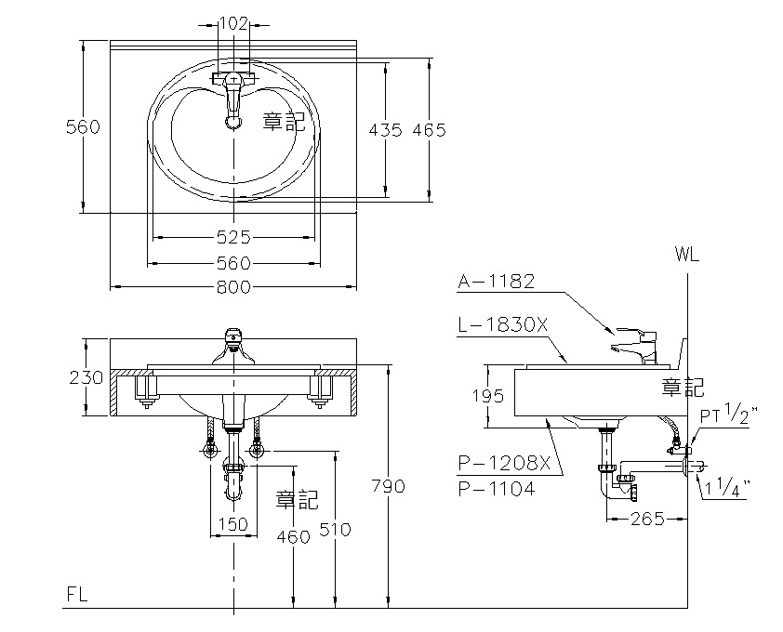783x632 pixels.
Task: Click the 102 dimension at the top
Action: point(232,24)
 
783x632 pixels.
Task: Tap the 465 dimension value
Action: point(429,130)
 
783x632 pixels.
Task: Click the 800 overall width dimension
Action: point(232,287)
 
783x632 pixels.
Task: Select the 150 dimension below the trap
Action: point(232,524)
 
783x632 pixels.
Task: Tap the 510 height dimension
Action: point(335,530)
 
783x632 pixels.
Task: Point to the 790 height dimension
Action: point(387,486)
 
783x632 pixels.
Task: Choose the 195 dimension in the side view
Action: point(488,396)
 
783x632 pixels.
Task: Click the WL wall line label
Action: point(688,253)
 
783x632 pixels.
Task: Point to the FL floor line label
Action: point(77,596)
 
